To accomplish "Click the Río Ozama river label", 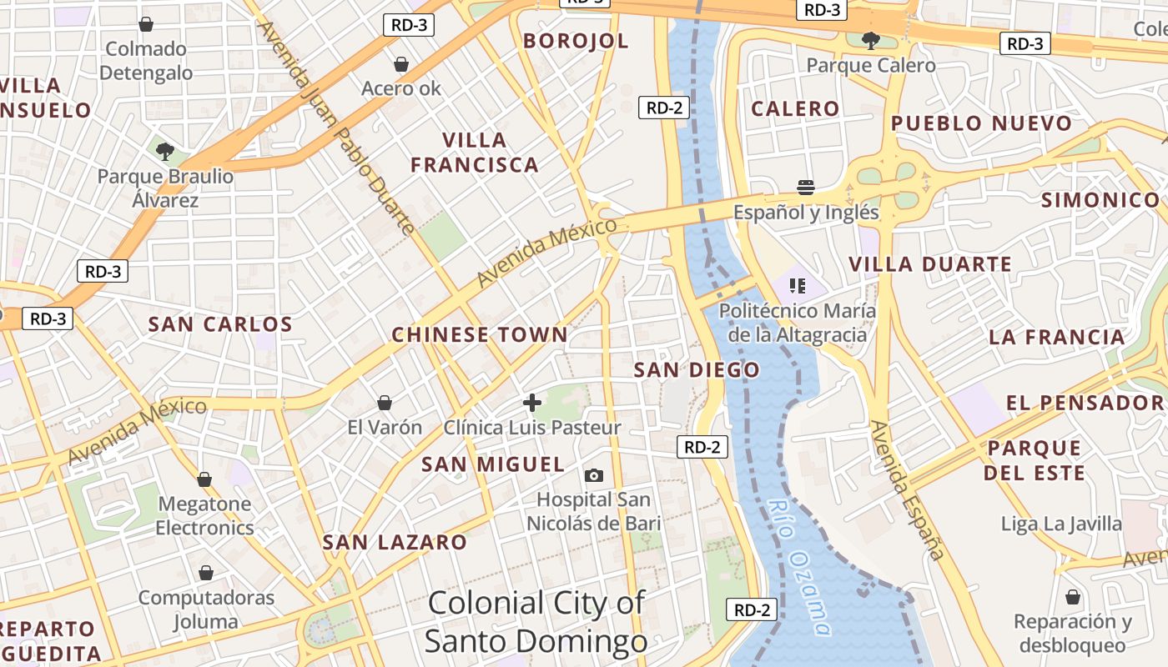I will pyautogui.click(x=799, y=566).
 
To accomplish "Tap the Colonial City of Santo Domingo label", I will pyautogui.click(x=536, y=622).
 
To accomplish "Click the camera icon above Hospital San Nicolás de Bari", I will pyautogui.click(x=594, y=475).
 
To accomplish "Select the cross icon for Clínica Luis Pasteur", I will pyautogui.click(x=532, y=404).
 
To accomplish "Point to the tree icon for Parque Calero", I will pyautogui.click(x=870, y=40).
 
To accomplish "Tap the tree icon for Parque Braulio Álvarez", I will pyautogui.click(x=165, y=152).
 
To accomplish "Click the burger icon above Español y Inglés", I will pyautogui.click(x=806, y=187).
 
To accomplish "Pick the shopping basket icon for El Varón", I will pyautogui.click(x=385, y=404).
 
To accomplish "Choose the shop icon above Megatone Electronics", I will pyautogui.click(x=204, y=479).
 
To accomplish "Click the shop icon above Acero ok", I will pyautogui.click(x=401, y=64).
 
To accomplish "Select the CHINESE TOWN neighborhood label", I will pyautogui.click(x=480, y=335).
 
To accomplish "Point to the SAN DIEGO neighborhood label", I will pyautogui.click(x=697, y=370).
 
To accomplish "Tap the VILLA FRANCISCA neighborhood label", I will pyautogui.click(x=475, y=152).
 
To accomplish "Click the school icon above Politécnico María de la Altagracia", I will pyautogui.click(x=798, y=286).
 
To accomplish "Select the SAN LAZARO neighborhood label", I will pyautogui.click(x=395, y=543).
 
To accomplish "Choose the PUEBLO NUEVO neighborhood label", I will pyautogui.click(x=981, y=124).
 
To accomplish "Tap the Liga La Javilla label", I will pyautogui.click(x=1062, y=524).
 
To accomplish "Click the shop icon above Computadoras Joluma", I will pyautogui.click(x=206, y=573).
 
